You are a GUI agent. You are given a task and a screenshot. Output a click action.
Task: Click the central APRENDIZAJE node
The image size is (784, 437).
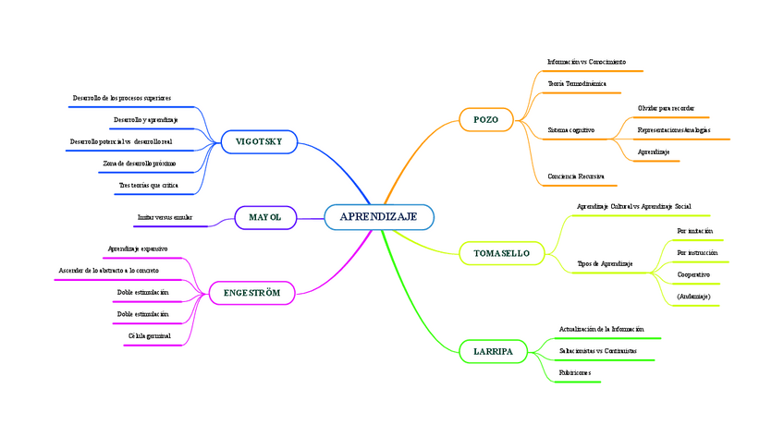tap(378, 217)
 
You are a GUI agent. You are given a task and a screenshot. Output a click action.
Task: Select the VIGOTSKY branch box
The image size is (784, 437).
tap(258, 141)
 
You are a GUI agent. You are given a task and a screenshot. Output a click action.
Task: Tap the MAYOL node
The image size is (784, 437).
tap(264, 217)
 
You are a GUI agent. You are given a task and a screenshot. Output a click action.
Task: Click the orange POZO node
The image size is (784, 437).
tap(485, 119)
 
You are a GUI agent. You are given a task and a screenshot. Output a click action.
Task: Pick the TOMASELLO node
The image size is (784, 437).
tap(501, 252)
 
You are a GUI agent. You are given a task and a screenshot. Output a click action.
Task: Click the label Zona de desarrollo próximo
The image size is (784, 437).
tap(140, 164)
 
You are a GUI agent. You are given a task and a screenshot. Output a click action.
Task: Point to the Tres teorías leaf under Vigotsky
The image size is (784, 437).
tap(148, 186)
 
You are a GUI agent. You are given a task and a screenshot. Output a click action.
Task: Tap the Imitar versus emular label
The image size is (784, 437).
tap(165, 217)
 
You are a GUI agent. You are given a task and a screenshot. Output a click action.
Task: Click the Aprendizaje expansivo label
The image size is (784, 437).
tap(138, 249)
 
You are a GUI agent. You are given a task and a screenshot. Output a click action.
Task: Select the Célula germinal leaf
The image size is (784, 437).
tap(151, 335)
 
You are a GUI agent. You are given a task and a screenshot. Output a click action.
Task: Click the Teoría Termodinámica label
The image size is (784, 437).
tap(577, 83)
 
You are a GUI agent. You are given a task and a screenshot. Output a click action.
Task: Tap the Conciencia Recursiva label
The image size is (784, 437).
tap(576, 175)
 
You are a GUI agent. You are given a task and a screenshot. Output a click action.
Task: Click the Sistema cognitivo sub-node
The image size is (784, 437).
tap(571, 130)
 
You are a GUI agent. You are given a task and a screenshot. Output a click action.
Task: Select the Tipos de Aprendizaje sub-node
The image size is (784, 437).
tap(605, 263)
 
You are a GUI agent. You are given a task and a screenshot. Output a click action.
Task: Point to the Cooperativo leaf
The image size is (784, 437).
tap(693, 274)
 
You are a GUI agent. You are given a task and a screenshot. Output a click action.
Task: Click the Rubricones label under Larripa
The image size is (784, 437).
tap(574, 373)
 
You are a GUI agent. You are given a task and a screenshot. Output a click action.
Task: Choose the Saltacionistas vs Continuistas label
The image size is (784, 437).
tap(598, 351)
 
